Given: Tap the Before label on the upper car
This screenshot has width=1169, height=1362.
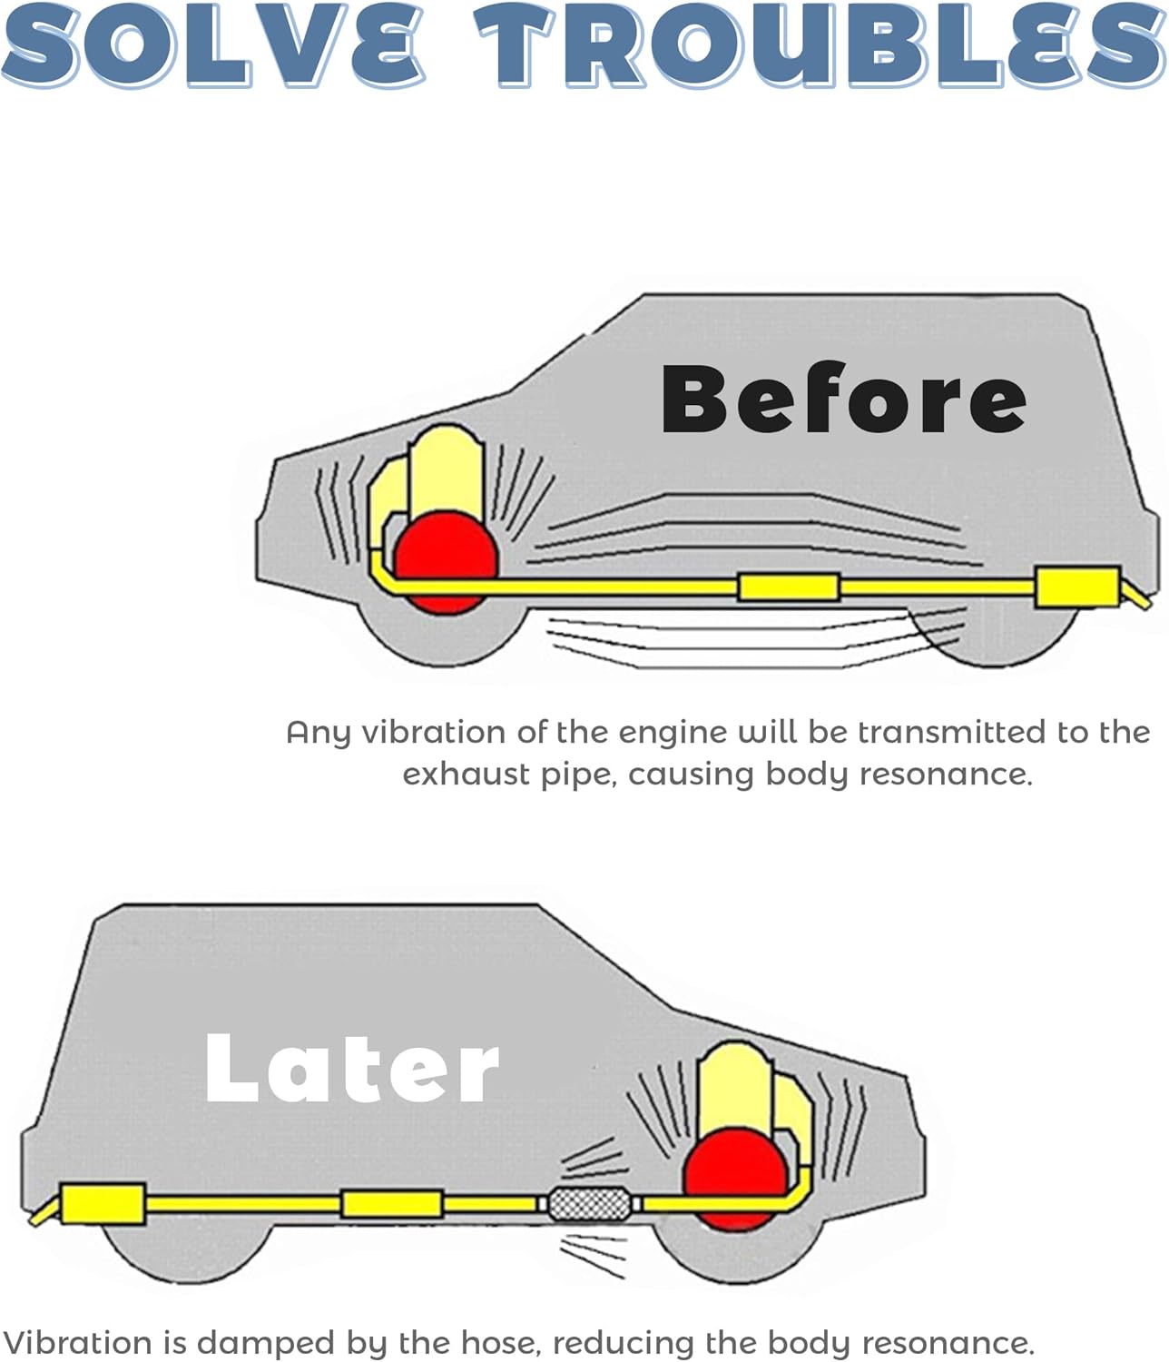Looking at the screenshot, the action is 843,399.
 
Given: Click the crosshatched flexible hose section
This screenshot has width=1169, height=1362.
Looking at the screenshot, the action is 590,1205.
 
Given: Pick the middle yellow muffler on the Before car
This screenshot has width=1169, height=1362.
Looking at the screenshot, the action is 788,587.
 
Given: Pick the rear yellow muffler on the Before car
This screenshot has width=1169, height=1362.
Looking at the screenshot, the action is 1077,587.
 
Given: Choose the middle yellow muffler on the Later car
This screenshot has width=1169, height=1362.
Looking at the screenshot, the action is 391,1204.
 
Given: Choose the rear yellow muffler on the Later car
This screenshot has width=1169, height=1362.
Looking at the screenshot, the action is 103,1204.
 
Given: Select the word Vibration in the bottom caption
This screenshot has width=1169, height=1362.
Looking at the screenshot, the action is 78,1342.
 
